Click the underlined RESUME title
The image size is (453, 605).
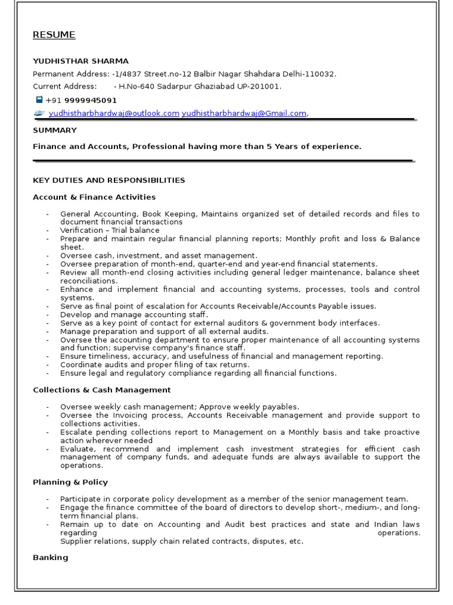(54, 35)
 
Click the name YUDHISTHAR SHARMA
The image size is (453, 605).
(80, 61)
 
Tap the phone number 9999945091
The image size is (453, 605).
(90, 100)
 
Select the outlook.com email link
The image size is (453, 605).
(114, 113)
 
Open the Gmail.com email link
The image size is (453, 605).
(244, 113)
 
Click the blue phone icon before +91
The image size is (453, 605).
(39, 100)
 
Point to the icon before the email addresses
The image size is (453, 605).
(39, 113)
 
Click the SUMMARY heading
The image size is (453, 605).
(54, 130)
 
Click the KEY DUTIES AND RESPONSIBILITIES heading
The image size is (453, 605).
(109, 180)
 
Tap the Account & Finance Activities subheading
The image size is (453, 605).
(94, 197)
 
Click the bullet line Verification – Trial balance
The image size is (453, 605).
(110, 230)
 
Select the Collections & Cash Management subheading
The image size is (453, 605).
(101, 390)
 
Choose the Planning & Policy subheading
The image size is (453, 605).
(70, 482)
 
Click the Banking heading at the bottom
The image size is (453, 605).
(50, 557)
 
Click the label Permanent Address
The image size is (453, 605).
(70, 74)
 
